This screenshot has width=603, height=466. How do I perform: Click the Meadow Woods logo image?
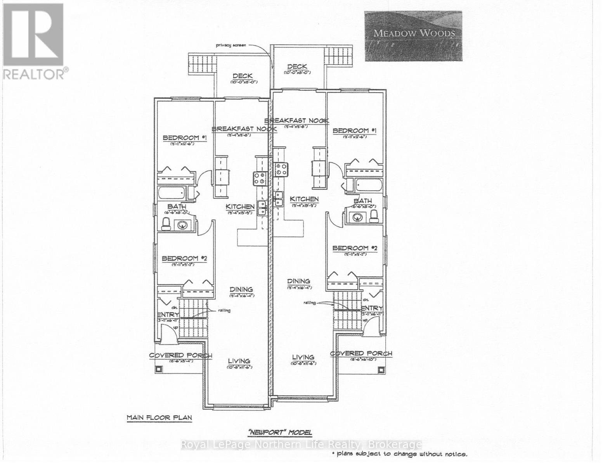(413, 36)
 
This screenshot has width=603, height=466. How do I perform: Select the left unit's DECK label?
(243, 76)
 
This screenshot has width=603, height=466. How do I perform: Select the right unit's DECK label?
(297, 67)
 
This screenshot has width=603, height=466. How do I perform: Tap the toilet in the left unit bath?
(166, 224)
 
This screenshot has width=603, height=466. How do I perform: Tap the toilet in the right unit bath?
(374, 216)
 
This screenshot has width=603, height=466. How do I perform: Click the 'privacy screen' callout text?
(231, 45)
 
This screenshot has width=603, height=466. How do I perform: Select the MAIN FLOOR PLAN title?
(159, 418)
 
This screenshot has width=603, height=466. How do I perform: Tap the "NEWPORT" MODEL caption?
(280, 432)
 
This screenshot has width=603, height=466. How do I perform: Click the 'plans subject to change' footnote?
(399, 454)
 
